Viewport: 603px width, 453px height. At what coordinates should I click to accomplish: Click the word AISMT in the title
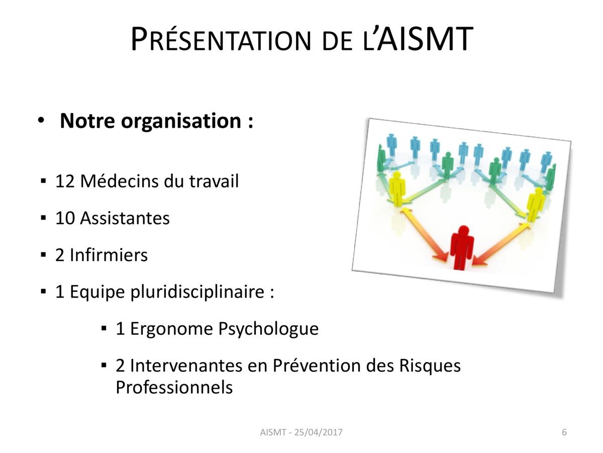[425, 39]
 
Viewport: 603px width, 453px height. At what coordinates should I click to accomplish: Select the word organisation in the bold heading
[181, 121]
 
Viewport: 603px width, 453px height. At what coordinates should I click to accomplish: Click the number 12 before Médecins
[65, 181]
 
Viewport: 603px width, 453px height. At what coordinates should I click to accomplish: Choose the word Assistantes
[125, 218]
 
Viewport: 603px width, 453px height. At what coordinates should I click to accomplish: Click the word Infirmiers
[109, 255]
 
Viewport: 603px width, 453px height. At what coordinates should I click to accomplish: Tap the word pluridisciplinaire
[197, 292]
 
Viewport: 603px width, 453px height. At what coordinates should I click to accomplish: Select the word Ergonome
[171, 329]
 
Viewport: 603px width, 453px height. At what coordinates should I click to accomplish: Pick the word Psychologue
[268, 329]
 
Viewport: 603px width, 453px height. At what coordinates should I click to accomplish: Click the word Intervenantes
[186, 365]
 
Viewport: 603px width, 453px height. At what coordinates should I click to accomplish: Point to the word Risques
[430, 366]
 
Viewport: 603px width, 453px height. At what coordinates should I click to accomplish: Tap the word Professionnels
[174, 388]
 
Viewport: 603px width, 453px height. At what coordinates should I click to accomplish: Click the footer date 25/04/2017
[319, 432]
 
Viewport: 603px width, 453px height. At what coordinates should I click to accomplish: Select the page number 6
[564, 432]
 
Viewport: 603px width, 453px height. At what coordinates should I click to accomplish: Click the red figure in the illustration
[462, 248]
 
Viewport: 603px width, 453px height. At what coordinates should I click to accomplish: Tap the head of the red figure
[464, 230]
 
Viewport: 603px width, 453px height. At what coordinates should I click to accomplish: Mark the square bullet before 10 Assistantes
[43, 218]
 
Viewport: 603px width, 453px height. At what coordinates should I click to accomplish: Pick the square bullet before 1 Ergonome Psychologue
[104, 328]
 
